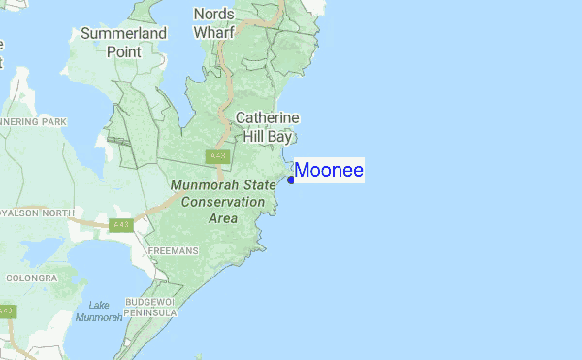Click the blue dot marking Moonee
291,180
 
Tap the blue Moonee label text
329,171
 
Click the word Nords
214,14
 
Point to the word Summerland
123,34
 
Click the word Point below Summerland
124,51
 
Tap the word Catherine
267,118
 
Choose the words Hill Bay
268,137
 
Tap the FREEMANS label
174,251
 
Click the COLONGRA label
31,278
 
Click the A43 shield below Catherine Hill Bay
217,156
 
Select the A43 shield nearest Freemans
120,225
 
